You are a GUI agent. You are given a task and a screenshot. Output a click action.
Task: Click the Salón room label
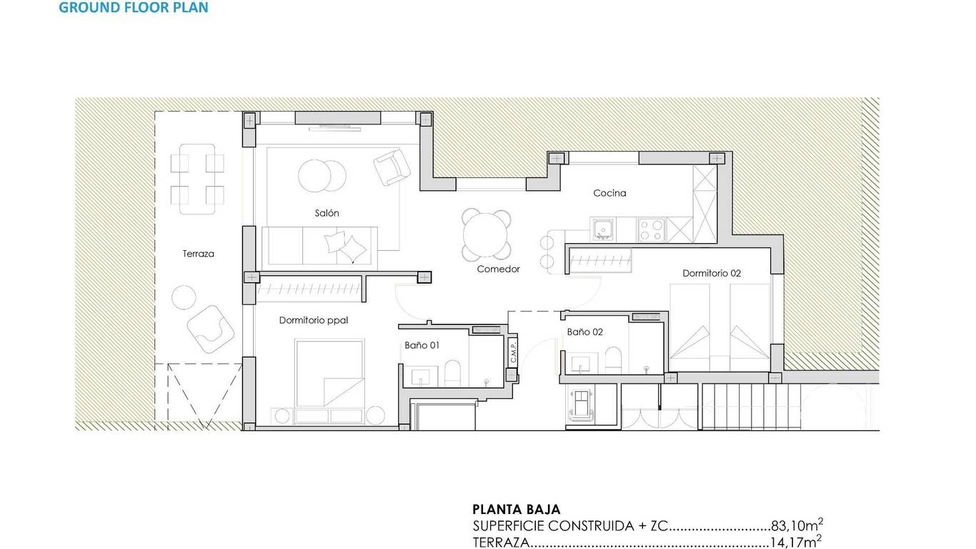(327, 213)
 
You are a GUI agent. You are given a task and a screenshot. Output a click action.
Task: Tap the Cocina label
(609, 193)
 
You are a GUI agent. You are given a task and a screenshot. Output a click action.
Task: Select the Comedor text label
(498, 269)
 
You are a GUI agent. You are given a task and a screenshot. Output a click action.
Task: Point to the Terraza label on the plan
(198, 253)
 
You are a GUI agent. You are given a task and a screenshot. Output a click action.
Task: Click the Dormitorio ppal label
(314, 320)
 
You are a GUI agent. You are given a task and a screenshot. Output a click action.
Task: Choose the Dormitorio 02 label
(712, 273)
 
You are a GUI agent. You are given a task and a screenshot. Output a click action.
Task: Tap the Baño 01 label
(422, 345)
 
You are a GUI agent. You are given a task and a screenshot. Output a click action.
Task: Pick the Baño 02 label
(584, 332)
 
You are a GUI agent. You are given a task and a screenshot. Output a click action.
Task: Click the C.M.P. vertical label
(513, 352)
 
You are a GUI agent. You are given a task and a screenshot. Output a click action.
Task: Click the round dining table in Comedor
(487, 235)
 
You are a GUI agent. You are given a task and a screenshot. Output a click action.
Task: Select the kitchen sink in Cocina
(604, 229)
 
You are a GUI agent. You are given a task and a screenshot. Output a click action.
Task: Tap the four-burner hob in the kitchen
(651, 229)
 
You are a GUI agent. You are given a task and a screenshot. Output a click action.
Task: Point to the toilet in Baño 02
(613, 360)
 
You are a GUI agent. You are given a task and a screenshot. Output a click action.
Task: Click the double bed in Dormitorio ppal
(329, 374)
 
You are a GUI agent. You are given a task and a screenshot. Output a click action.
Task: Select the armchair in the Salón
(392, 167)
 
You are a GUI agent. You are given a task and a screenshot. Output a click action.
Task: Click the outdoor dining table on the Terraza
(197, 179)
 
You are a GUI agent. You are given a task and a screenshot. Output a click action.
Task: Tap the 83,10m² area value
(797, 525)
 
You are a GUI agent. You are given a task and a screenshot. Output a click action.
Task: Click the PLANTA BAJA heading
(517, 509)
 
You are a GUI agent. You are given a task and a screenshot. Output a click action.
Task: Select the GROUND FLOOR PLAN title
(134, 7)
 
